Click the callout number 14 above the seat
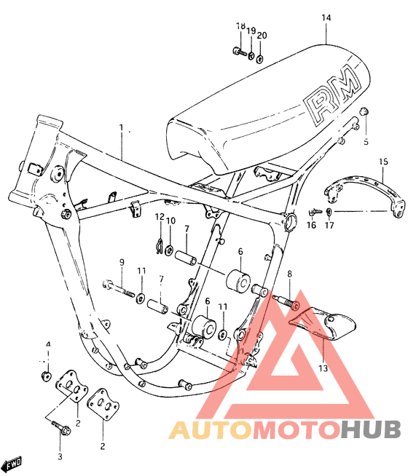pos(326,17)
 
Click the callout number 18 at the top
pos(240,27)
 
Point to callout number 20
pos(262,35)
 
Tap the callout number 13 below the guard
pos(323,368)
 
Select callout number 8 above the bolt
pos(289,274)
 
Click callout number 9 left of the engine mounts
pos(122,262)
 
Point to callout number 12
pos(158,216)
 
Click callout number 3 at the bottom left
pos(60,456)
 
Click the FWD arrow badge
pos(14,464)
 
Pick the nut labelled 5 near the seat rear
pos(366,111)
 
